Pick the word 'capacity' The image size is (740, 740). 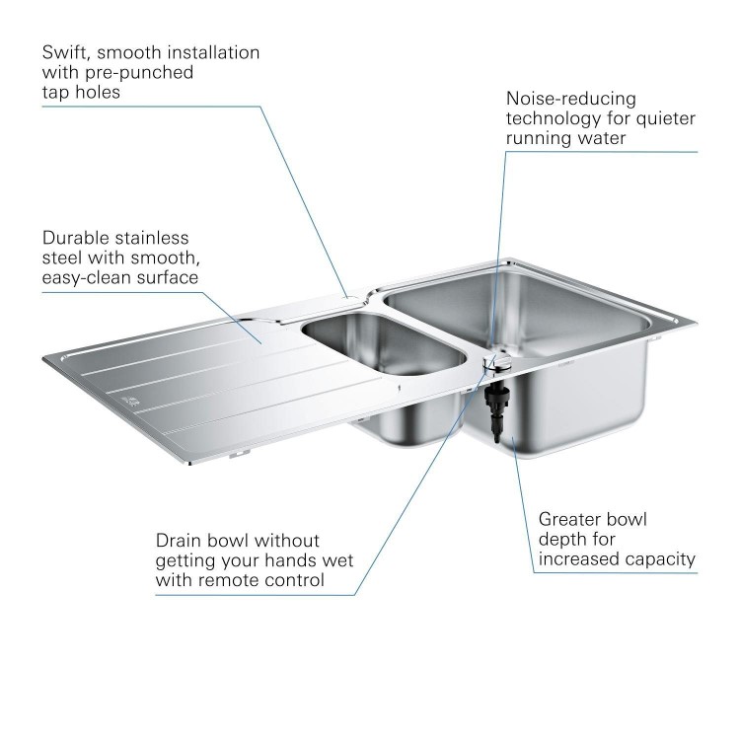659,559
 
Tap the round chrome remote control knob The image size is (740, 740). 496,361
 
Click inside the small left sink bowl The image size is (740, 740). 380,340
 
